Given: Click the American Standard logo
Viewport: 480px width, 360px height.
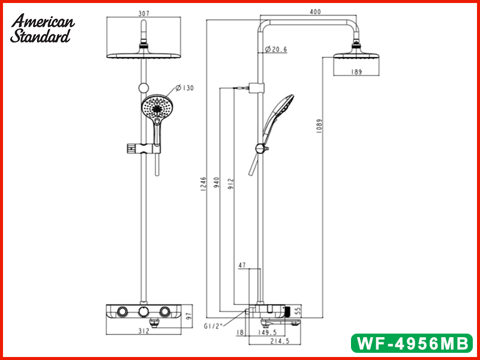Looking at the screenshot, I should tap(43, 29).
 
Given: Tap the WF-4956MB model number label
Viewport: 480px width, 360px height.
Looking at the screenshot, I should tap(412, 343).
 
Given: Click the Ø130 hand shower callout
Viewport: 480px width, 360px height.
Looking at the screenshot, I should tap(185, 88).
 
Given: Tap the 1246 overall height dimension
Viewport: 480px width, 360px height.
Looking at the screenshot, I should tap(203, 183).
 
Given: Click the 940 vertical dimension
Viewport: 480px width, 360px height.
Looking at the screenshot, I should tap(217, 183).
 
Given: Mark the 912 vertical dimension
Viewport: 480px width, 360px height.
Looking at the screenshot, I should tap(232, 183).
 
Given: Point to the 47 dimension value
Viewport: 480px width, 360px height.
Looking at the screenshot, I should tap(242, 265).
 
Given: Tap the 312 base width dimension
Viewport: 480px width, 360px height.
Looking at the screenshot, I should tap(144, 331).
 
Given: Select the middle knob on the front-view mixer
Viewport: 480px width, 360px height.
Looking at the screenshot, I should tap(143, 311).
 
